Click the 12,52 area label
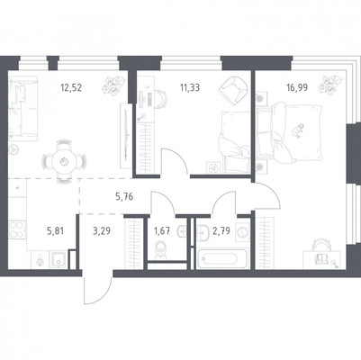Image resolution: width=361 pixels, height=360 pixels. pyautogui.click(x=71, y=88)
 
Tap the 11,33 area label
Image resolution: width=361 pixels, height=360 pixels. pyautogui.click(x=190, y=88)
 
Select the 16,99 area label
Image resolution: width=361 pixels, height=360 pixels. pyautogui.click(x=297, y=88)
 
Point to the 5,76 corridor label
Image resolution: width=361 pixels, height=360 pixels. pyautogui.click(x=124, y=197)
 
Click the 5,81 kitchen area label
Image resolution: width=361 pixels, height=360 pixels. pyautogui.click(x=56, y=231)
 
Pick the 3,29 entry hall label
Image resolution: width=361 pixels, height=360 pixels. pyautogui.click(x=102, y=231)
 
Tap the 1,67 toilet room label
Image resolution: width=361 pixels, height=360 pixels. pyautogui.click(x=162, y=231)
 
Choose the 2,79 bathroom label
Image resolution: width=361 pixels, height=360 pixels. pyautogui.click(x=221, y=231)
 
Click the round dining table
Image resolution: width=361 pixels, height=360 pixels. pyautogui.click(x=64, y=162)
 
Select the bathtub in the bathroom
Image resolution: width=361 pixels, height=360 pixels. pyautogui.click(x=222, y=258)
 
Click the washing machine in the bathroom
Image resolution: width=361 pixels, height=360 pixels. pyautogui.click(x=242, y=232)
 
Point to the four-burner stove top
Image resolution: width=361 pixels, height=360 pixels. pyautogui.click(x=17, y=229)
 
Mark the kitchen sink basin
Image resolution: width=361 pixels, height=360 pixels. pyautogui.click(x=59, y=260)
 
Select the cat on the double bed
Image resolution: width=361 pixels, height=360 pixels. pyautogui.click(x=298, y=130)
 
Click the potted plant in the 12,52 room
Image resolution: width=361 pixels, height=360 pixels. pyautogui.click(x=113, y=85)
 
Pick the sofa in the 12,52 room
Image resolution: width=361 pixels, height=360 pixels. pyautogui.click(x=23, y=108)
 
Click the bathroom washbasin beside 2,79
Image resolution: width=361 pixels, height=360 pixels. pyautogui.click(x=205, y=232)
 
